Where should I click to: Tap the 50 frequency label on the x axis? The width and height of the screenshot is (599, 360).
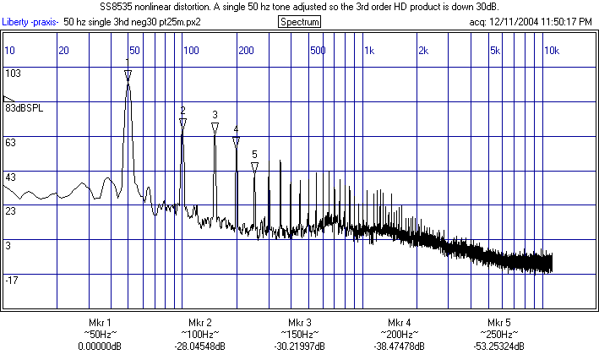tap(134, 51)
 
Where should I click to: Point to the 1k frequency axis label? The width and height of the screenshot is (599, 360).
tap(368, 51)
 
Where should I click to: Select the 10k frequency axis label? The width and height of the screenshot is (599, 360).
tap(551, 51)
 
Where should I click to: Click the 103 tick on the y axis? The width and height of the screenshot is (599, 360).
tap(13, 74)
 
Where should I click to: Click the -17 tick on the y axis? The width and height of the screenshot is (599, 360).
tap(13, 280)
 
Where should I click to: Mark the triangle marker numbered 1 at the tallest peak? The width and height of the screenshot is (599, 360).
tap(128, 75)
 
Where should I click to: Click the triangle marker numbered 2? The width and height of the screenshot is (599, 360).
tap(182, 124)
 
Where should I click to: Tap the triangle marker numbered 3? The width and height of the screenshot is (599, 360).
tap(215, 128)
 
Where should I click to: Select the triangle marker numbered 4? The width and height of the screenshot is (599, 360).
tap(236, 142)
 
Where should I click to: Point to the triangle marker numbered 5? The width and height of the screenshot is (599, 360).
tap(254, 166)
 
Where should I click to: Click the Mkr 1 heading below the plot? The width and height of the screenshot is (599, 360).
tap(100, 323)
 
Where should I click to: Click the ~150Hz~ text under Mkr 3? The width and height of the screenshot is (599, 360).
tap(300, 335)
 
